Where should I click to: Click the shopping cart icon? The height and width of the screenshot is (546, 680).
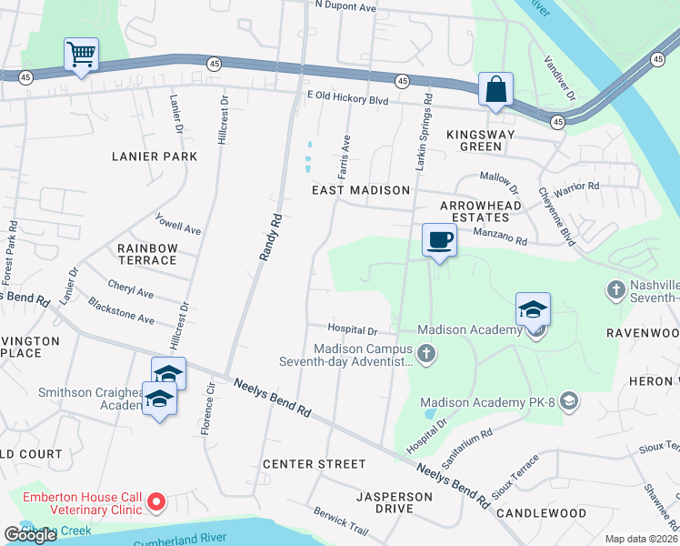point(81,55)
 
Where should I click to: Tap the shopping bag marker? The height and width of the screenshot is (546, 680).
point(496,89)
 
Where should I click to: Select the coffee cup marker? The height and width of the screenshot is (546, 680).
point(439,240)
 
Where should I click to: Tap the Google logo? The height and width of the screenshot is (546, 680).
point(30,535)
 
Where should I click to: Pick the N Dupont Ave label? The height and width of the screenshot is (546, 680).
point(345,6)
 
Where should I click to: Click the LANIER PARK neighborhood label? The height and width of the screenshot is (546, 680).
point(154,157)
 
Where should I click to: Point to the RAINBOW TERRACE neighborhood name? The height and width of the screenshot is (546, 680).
point(146,254)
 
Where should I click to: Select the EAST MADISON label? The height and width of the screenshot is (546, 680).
point(361,190)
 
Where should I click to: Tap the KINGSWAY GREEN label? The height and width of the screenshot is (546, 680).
point(474,139)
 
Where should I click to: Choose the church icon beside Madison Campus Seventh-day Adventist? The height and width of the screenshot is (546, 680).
point(425,351)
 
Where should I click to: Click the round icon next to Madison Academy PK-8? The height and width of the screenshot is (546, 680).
point(568,401)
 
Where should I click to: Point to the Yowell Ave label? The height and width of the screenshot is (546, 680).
point(178,224)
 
